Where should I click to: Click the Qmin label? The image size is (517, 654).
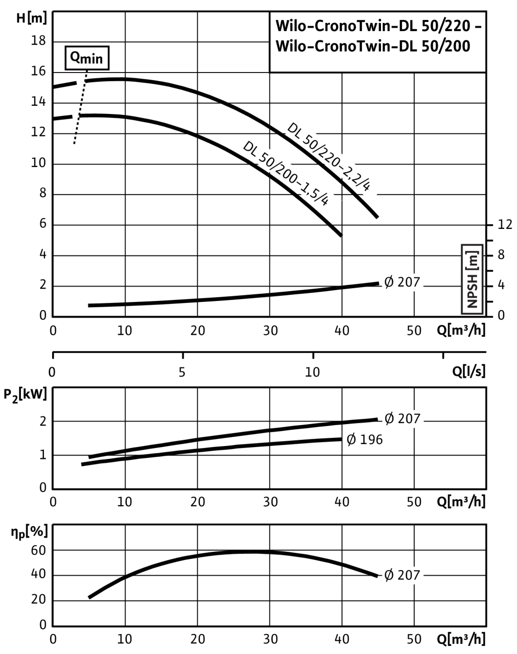(x=87, y=58)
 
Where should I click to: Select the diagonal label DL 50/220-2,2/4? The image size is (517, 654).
(x=333, y=158)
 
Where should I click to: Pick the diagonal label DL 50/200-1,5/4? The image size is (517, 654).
(x=289, y=176)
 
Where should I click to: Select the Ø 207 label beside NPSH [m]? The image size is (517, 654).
(x=402, y=282)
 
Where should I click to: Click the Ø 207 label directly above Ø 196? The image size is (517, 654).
(x=402, y=419)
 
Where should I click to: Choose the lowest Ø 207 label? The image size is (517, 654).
(x=402, y=575)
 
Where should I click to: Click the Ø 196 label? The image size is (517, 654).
(x=365, y=439)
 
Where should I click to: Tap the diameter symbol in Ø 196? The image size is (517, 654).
(x=351, y=439)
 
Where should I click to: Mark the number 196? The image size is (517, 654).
(x=371, y=439)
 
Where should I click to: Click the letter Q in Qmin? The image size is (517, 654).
(x=75, y=58)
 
